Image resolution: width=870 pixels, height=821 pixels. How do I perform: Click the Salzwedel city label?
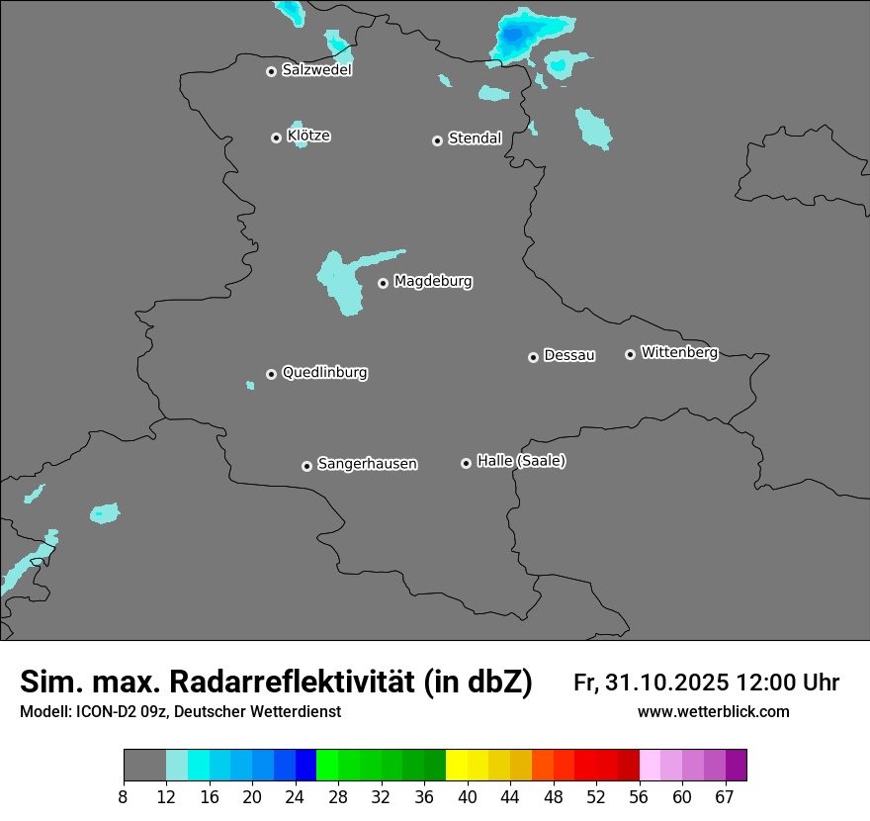pyautogui.click(x=316, y=70)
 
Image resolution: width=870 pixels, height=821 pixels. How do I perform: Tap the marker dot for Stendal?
pyautogui.click(x=437, y=140)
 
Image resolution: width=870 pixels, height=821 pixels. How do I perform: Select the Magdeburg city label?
pyautogui.click(x=433, y=282)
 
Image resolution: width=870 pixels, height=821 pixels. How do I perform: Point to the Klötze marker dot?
pyautogui.click(x=276, y=137)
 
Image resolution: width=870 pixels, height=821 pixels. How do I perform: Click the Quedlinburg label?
pyautogui.click(x=324, y=373)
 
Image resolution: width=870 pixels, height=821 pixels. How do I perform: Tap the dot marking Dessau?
pyautogui.click(x=533, y=357)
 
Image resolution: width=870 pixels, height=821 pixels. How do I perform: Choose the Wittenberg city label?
pyautogui.click(x=679, y=352)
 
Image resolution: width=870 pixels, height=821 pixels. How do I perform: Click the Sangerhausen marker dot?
pyautogui.click(x=306, y=466)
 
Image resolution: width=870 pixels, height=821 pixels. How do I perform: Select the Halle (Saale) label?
pyautogui.click(x=521, y=461)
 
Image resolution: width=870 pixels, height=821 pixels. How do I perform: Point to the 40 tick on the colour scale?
pyautogui.click(x=468, y=797)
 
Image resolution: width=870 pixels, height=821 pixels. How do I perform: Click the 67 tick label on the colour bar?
pyautogui.click(x=725, y=797)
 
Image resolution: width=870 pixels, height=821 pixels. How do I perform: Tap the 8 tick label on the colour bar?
pyautogui.click(x=124, y=797)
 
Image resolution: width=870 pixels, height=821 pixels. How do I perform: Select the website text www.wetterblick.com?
pyautogui.click(x=713, y=712)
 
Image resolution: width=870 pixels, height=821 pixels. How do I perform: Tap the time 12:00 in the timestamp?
pyautogui.click(x=770, y=683)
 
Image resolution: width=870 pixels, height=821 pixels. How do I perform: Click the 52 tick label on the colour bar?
pyautogui.click(x=596, y=797)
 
